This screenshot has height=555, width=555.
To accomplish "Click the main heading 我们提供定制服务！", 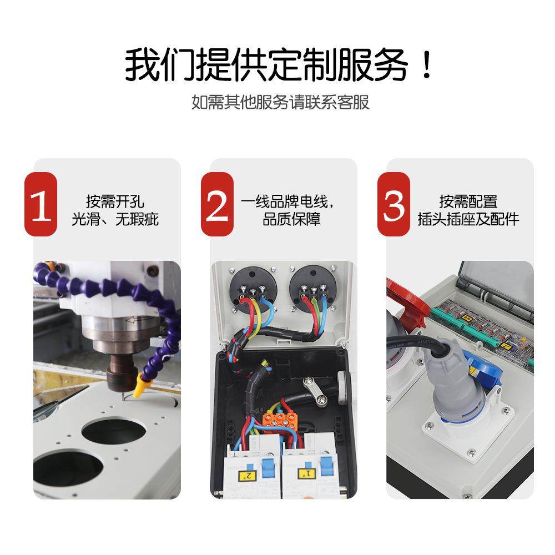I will (x=277, y=65).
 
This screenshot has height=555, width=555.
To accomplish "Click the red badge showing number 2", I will (x=217, y=205).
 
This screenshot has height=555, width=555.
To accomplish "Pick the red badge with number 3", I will (x=394, y=205).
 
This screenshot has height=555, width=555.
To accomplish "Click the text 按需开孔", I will (x=115, y=201).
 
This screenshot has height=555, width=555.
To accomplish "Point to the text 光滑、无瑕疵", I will (x=115, y=219).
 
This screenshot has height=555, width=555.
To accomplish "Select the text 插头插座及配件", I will (x=468, y=219).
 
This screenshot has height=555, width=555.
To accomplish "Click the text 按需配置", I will (x=468, y=201).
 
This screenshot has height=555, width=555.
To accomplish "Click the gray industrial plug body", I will (x=447, y=389).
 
